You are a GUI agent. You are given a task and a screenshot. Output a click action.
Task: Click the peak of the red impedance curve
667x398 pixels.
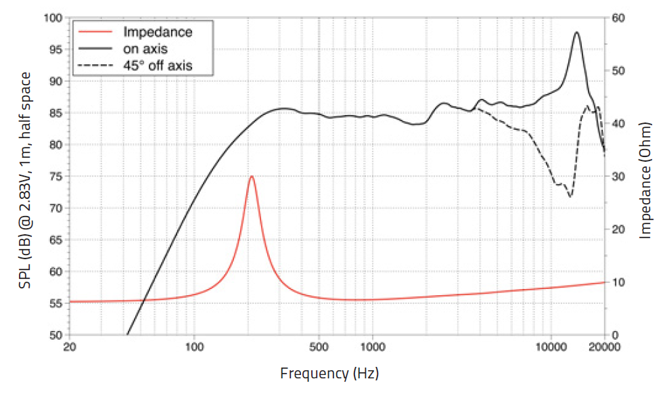point(252,176)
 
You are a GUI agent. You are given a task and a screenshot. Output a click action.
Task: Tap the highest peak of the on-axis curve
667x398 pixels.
point(576,32)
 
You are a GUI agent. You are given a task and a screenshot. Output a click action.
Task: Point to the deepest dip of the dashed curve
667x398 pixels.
point(570,196)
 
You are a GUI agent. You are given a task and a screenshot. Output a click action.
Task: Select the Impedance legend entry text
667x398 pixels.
point(157,32)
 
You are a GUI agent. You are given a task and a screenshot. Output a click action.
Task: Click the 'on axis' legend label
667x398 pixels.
point(145,49)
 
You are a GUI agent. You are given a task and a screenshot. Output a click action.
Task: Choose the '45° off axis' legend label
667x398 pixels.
point(157,66)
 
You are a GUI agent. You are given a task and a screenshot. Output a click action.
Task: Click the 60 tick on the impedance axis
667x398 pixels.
point(617,18)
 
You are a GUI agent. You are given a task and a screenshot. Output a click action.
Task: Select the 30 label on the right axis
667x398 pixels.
point(617,177)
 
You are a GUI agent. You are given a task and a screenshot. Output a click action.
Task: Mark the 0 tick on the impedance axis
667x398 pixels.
point(614,335)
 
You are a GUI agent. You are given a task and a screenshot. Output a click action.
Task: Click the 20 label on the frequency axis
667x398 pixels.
point(70,347)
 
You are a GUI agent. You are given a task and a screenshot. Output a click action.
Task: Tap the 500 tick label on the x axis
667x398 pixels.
point(319,347)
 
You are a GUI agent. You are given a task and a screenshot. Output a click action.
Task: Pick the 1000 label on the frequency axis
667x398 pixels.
point(372,347)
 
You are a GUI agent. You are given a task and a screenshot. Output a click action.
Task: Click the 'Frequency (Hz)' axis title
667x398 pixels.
point(329,373)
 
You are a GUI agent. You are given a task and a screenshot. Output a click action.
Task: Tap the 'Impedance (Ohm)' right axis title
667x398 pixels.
point(645,180)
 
